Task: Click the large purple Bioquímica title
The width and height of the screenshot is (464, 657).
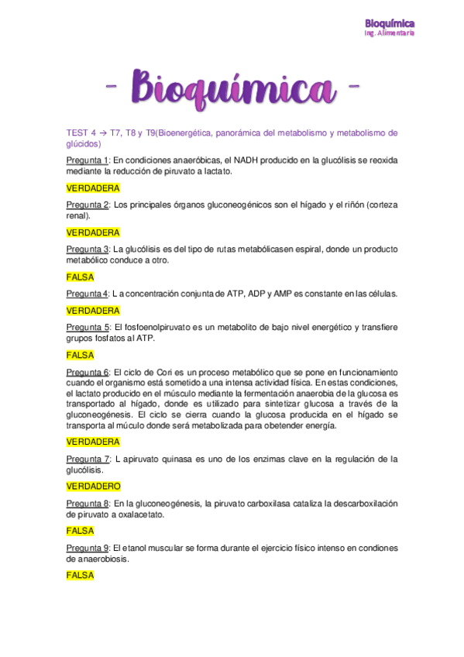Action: [232, 87]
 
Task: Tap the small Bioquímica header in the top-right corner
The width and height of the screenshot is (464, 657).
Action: [390, 23]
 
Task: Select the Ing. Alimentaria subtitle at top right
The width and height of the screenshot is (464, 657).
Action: [390, 34]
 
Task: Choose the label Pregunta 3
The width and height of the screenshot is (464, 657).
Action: [88, 249]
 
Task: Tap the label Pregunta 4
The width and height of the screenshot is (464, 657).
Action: [88, 294]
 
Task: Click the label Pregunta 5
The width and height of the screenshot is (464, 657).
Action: [88, 327]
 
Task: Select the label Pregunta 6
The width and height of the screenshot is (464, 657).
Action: [88, 372]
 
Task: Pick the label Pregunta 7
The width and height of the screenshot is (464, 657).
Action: [88, 459]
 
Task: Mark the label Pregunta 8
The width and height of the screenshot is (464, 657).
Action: [88, 504]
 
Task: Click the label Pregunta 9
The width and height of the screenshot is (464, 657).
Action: [88, 548]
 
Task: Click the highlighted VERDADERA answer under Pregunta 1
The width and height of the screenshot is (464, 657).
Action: [93, 188]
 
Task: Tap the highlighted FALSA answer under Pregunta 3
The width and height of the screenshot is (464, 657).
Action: [80, 277]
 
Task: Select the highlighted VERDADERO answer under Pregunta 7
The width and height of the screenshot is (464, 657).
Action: [94, 487]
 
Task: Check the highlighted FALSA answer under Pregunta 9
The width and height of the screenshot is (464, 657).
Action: [80, 576]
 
